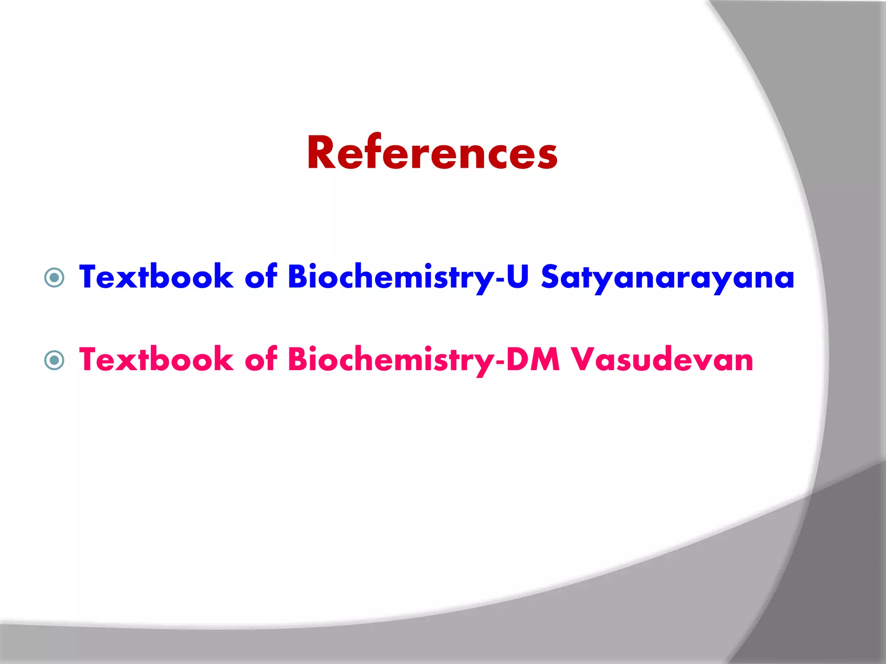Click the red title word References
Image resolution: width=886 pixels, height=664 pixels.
point(432,153)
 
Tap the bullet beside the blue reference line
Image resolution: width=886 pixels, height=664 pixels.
point(55,278)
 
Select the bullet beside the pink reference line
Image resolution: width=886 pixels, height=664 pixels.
point(55,360)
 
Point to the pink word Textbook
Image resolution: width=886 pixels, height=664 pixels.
point(156,359)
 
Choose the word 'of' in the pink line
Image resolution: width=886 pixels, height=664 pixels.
point(261,359)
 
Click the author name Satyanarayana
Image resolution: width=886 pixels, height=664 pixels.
point(668,278)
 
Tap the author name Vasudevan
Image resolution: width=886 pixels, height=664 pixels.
point(662,360)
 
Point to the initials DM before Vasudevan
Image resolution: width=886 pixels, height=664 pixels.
point(533,359)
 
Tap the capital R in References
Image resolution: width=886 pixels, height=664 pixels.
point(320,153)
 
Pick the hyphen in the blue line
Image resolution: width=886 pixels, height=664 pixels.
point(500,279)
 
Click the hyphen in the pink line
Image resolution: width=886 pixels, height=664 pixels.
point(500,362)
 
